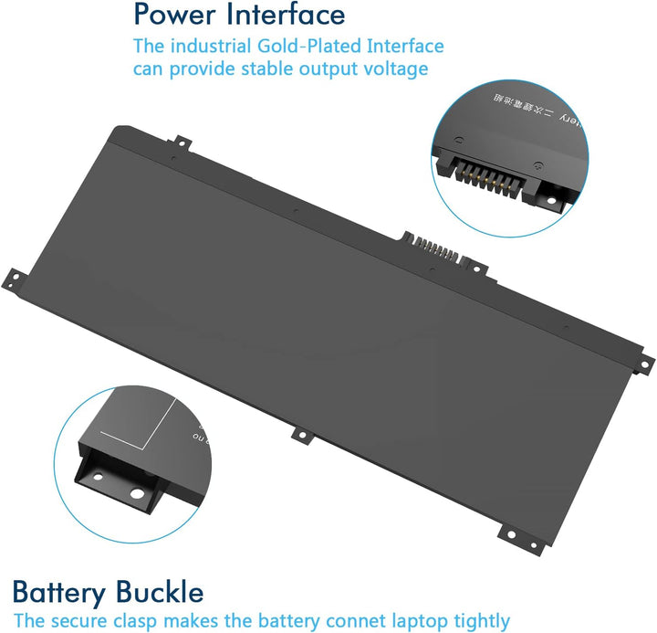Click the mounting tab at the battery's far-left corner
click(x=15, y=275)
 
